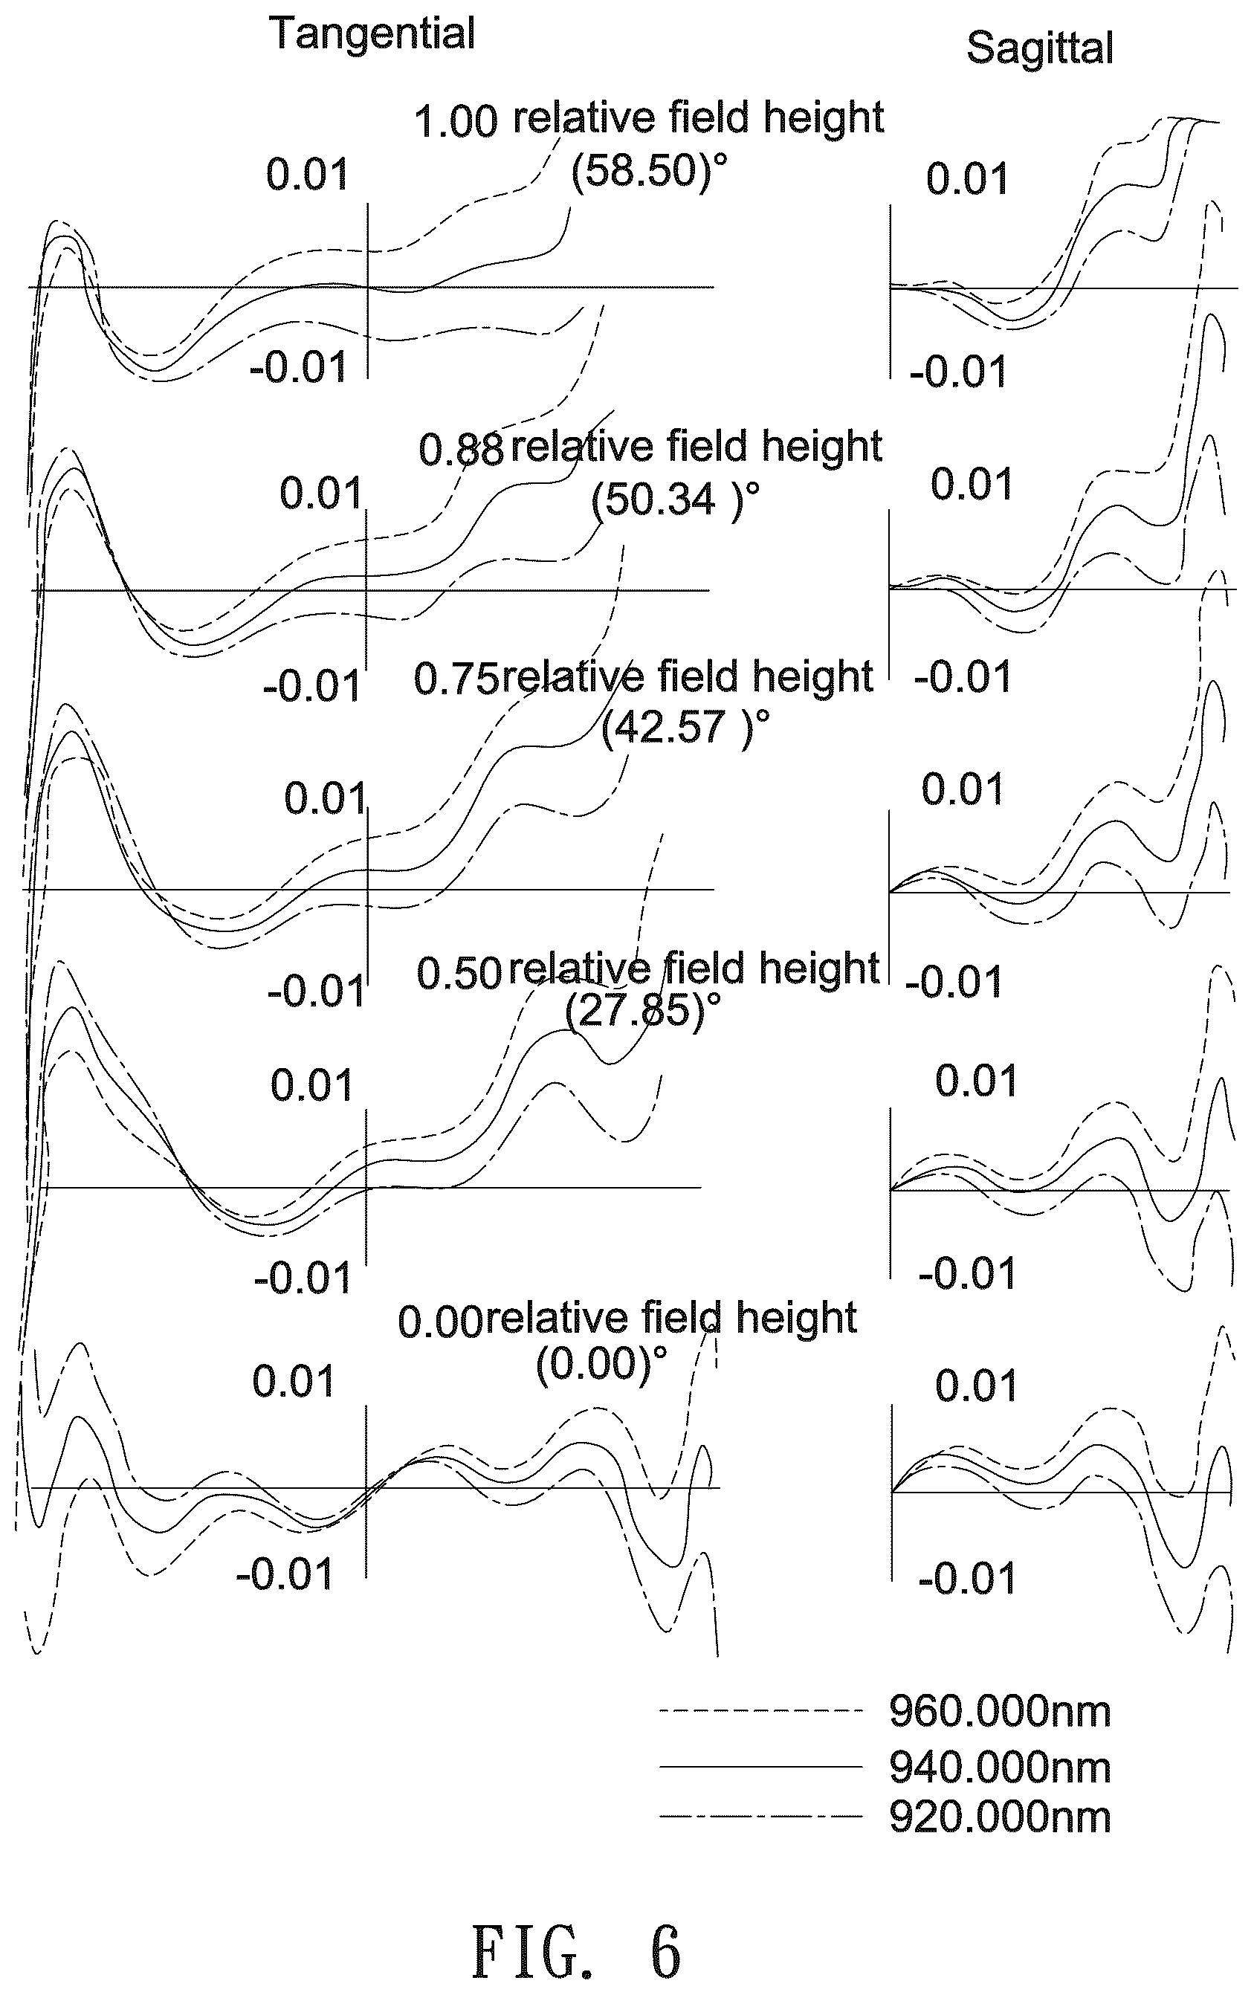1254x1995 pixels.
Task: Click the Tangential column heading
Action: pyautogui.click(x=372, y=35)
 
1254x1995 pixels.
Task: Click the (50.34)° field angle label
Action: pyautogui.click(x=675, y=499)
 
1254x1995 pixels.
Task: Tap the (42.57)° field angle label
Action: pyautogui.click(x=685, y=728)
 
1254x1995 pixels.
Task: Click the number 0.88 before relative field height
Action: pyautogui.click(x=461, y=450)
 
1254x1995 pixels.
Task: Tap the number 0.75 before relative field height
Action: pyautogui.click(x=456, y=679)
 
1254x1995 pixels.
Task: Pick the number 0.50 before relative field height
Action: pyautogui.click(x=459, y=974)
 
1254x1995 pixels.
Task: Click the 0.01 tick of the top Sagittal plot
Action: pyautogui.click(x=967, y=180)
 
